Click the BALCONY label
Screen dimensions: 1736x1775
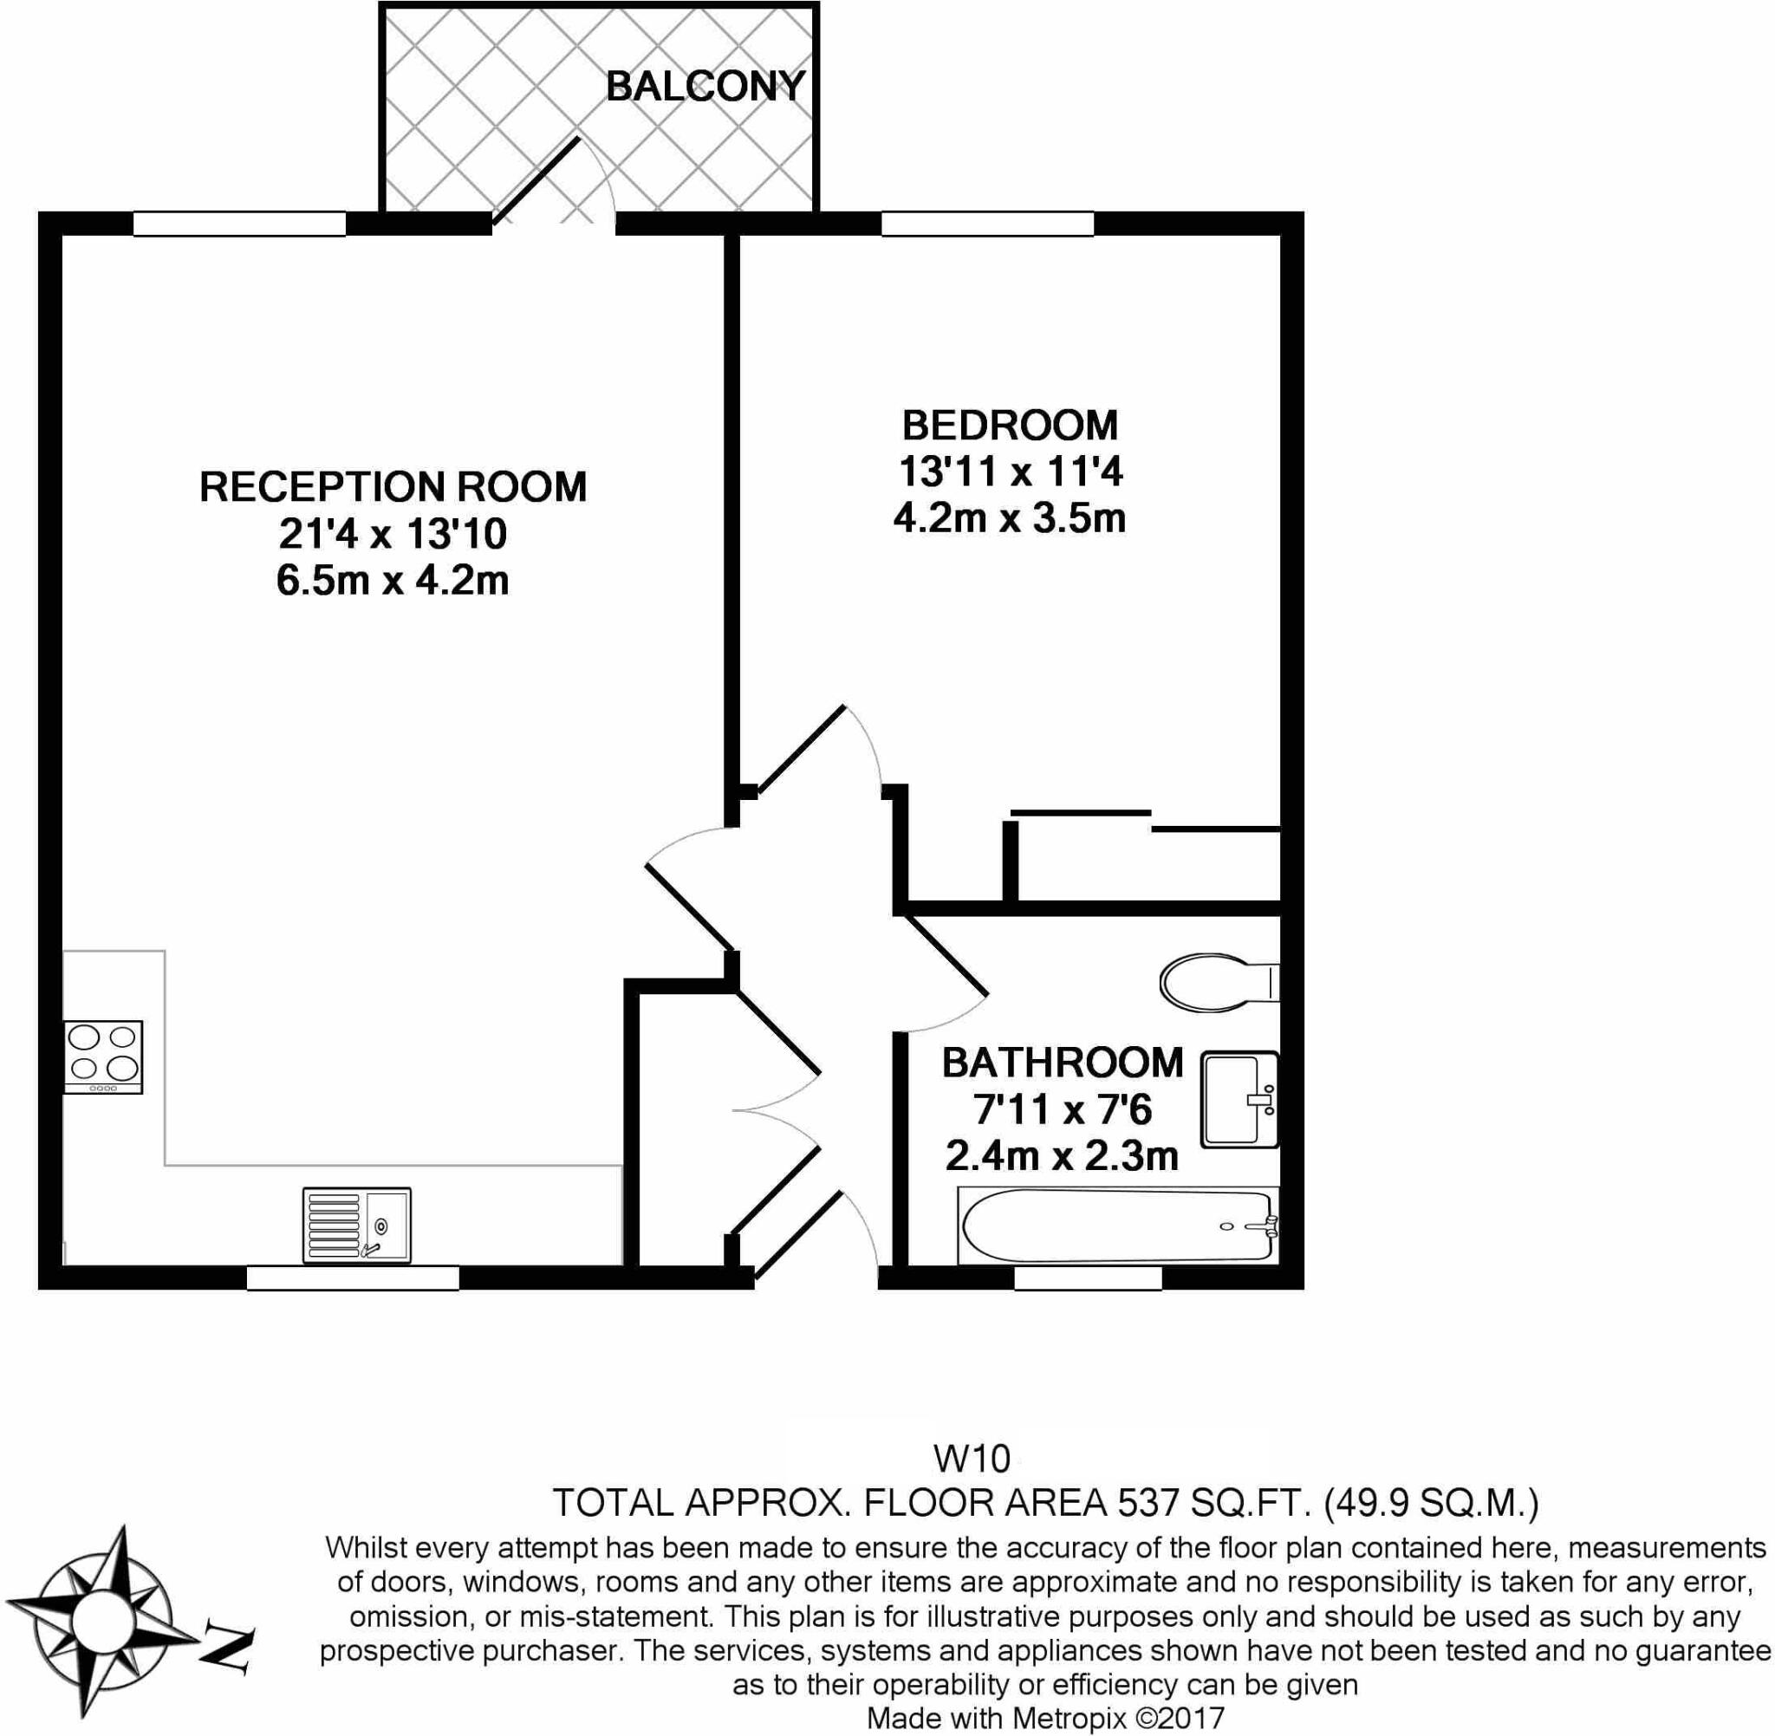coord(705,87)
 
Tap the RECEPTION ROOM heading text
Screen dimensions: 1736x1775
coord(393,487)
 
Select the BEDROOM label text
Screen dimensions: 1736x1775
coord(1009,426)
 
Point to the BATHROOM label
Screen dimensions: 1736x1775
coord(1062,1063)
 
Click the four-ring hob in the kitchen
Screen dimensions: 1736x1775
coord(103,1056)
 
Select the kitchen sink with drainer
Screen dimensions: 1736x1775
coord(356,1225)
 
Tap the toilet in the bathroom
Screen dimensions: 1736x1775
coord(1219,983)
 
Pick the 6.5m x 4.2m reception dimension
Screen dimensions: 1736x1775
coord(393,581)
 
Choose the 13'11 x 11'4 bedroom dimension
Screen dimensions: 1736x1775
coord(1010,472)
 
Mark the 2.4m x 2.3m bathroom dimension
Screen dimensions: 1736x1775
coord(1062,1157)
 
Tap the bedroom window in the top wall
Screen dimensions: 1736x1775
coord(987,224)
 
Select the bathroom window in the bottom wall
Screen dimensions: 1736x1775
coord(1088,1278)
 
